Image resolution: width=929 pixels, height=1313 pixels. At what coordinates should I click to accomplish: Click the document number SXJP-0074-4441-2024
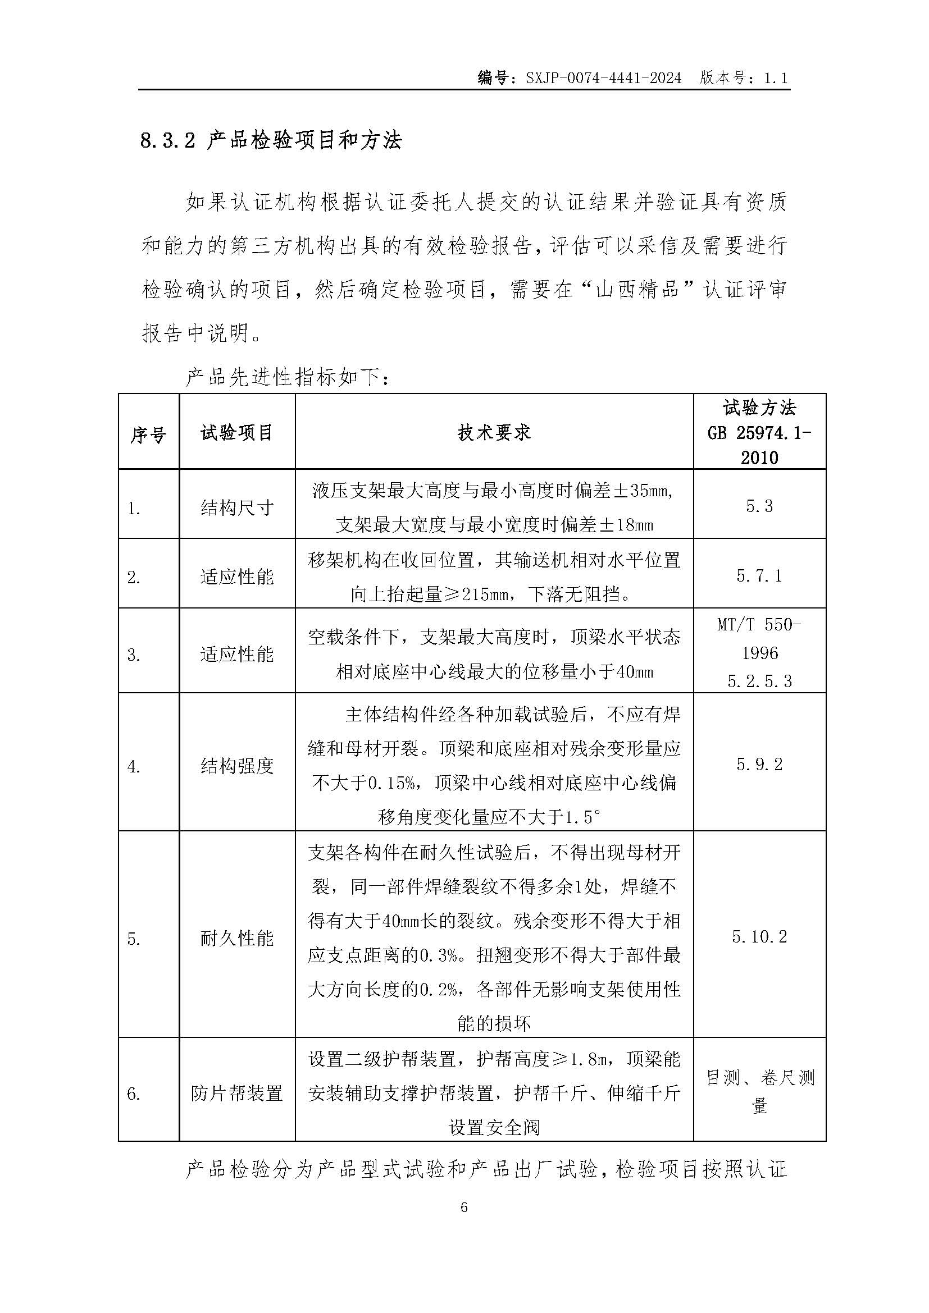(603, 79)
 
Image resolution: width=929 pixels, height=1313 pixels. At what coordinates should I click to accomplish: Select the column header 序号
(148, 435)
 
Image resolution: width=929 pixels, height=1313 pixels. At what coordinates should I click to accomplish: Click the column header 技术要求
(494, 433)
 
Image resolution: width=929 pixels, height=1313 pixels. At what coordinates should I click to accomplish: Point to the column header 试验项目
(237, 433)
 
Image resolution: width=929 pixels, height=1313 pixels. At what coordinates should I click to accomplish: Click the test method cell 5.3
(759, 506)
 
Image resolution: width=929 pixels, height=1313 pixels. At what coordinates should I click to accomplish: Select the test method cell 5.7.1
(759, 575)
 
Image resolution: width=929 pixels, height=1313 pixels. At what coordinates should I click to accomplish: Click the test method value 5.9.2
(759, 764)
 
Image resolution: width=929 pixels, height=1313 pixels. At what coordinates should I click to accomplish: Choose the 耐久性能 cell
(237, 939)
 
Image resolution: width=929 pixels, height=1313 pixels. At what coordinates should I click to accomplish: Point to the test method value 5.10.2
(759, 937)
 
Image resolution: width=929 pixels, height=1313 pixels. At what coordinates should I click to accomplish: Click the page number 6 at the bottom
(464, 1207)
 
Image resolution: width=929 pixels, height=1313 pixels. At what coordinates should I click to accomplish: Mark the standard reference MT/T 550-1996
(759, 639)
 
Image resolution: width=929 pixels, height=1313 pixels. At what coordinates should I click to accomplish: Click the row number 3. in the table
(133, 655)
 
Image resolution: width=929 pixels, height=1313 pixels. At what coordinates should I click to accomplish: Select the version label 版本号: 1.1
(743, 79)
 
